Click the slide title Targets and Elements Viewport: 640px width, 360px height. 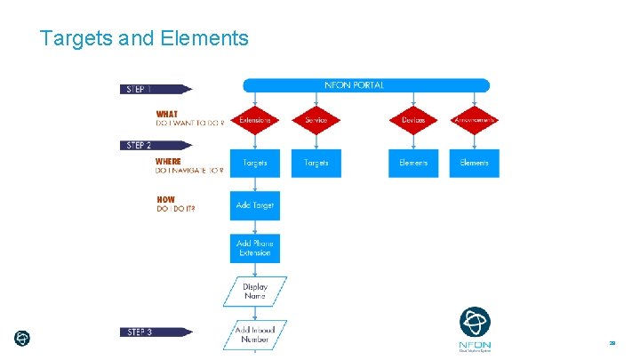(144, 38)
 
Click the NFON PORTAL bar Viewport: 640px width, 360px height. (366, 85)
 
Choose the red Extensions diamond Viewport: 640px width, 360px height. (255, 120)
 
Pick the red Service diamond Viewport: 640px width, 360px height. (316, 120)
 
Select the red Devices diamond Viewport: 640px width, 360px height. (413, 120)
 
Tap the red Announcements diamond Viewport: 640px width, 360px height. (475, 120)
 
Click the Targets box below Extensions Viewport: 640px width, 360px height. (255, 164)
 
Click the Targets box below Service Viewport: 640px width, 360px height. (316, 164)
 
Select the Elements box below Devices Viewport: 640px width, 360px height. (413, 164)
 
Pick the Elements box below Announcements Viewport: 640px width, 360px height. (475, 164)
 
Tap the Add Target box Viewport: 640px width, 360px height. (255, 205)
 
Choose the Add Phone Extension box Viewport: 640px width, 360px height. (255, 248)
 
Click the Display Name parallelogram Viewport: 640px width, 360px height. (255, 291)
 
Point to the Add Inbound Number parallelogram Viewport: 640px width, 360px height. (255, 333)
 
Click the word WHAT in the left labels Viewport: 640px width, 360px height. (167, 114)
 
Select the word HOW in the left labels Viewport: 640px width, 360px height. (165, 199)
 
